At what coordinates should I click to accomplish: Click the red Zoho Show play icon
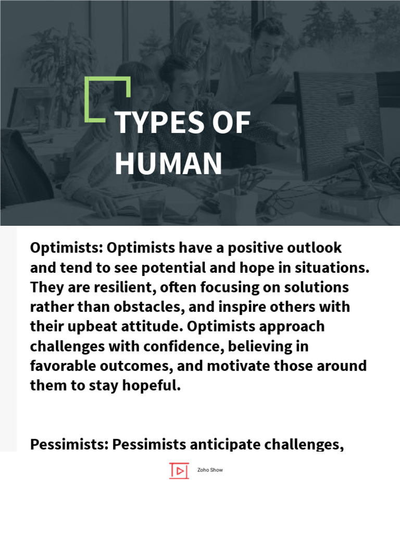pyautogui.click(x=179, y=470)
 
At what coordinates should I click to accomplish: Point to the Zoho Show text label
pyautogui.click(x=210, y=470)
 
